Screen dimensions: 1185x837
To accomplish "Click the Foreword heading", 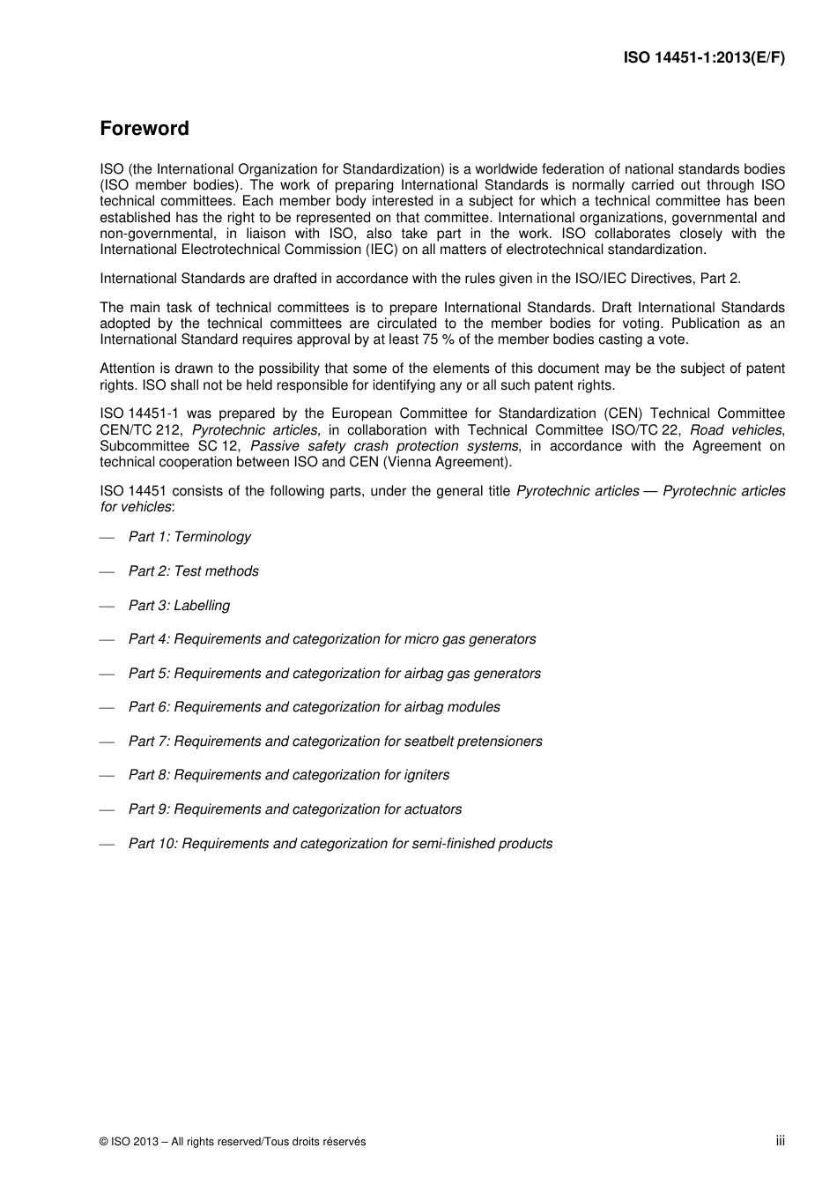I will [x=144, y=129].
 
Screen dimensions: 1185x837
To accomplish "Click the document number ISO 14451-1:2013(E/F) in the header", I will [x=704, y=57].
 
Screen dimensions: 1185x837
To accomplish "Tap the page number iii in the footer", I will [x=780, y=1140].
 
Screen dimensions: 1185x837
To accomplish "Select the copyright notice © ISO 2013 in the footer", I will [x=233, y=1142].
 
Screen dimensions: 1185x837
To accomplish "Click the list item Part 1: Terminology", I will [x=189, y=537].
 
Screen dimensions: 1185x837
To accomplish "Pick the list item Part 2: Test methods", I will [x=194, y=571].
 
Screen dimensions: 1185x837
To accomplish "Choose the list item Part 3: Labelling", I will [x=179, y=606].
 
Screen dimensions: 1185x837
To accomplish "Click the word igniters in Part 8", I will [x=426, y=775].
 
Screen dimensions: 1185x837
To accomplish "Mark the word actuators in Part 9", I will [x=433, y=809].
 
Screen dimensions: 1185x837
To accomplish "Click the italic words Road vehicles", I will [x=736, y=430].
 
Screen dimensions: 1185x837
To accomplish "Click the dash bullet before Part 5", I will [x=107, y=674].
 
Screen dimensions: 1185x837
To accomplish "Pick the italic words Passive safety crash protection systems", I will [x=384, y=446].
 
